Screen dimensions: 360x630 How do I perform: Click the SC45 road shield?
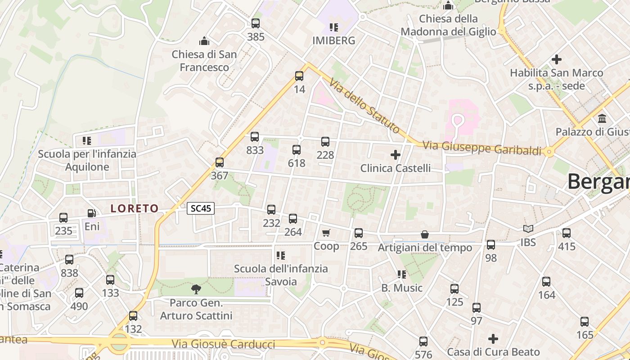[x=201, y=208]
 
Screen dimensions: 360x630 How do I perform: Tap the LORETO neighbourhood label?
[x=135, y=208]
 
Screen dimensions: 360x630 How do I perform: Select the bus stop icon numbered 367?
[x=220, y=162]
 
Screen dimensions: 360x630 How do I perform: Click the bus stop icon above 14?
[x=299, y=76]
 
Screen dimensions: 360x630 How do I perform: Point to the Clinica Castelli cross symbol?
[x=396, y=155]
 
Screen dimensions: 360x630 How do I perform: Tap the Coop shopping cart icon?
[x=326, y=233]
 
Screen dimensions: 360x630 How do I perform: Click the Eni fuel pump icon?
[x=92, y=213]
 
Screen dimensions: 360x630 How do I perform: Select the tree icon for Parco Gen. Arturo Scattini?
[x=196, y=289]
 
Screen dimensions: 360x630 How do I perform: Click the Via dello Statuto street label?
[x=364, y=106]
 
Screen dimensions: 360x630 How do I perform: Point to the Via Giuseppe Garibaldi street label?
[x=482, y=148]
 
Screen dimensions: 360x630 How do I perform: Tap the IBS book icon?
[x=528, y=229]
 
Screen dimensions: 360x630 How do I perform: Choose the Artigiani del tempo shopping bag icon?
[x=425, y=234]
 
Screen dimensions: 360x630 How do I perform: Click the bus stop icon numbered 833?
[x=255, y=137]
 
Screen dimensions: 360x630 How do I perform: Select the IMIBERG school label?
[x=334, y=40]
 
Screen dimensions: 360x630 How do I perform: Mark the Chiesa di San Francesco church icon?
[x=205, y=41]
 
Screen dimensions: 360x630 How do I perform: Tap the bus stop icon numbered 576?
[x=423, y=342]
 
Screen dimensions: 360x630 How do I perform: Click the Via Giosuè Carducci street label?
[x=223, y=344]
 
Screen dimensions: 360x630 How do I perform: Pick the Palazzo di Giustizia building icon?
[x=602, y=119]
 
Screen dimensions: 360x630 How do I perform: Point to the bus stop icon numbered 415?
[x=567, y=233]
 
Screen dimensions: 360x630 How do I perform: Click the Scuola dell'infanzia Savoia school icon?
[x=281, y=256]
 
